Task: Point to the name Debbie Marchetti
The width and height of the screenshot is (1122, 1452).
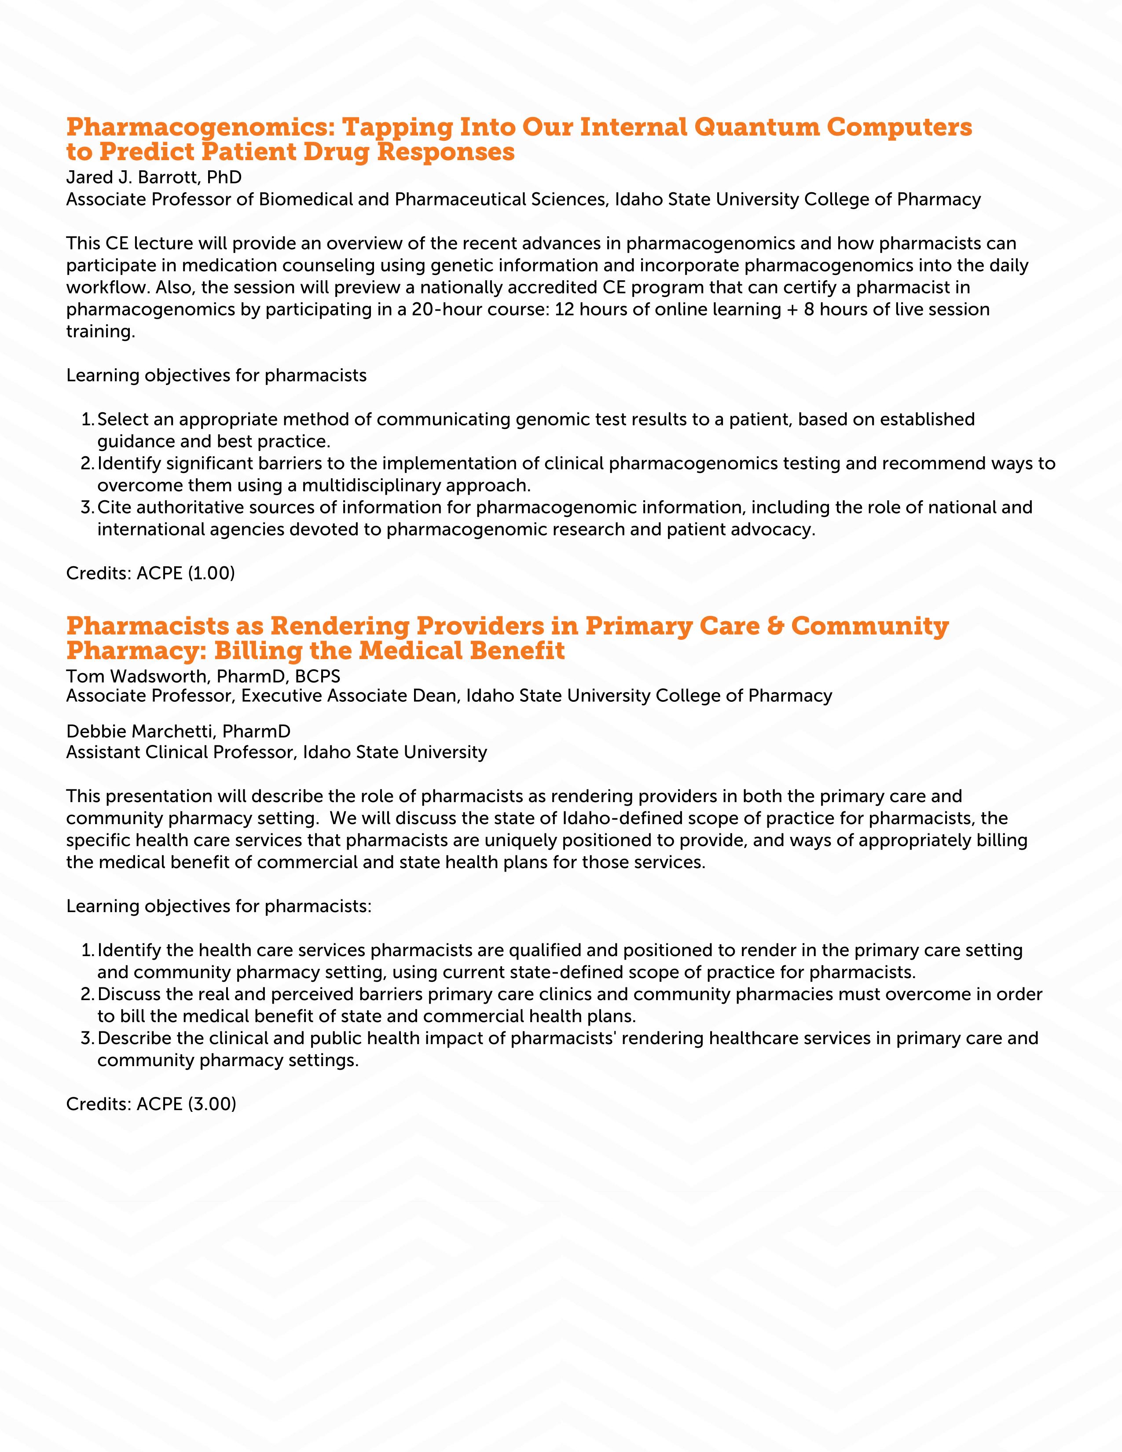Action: coord(141,731)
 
